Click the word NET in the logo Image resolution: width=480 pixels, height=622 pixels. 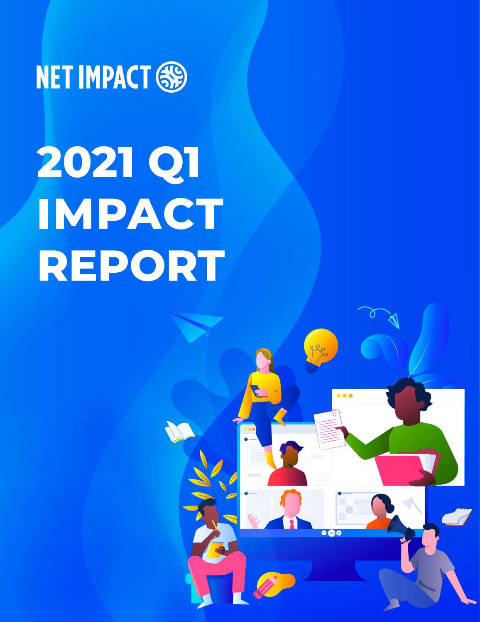[54, 78]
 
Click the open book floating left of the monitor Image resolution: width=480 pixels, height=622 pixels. [179, 432]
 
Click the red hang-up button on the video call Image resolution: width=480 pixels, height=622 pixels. [331, 533]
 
